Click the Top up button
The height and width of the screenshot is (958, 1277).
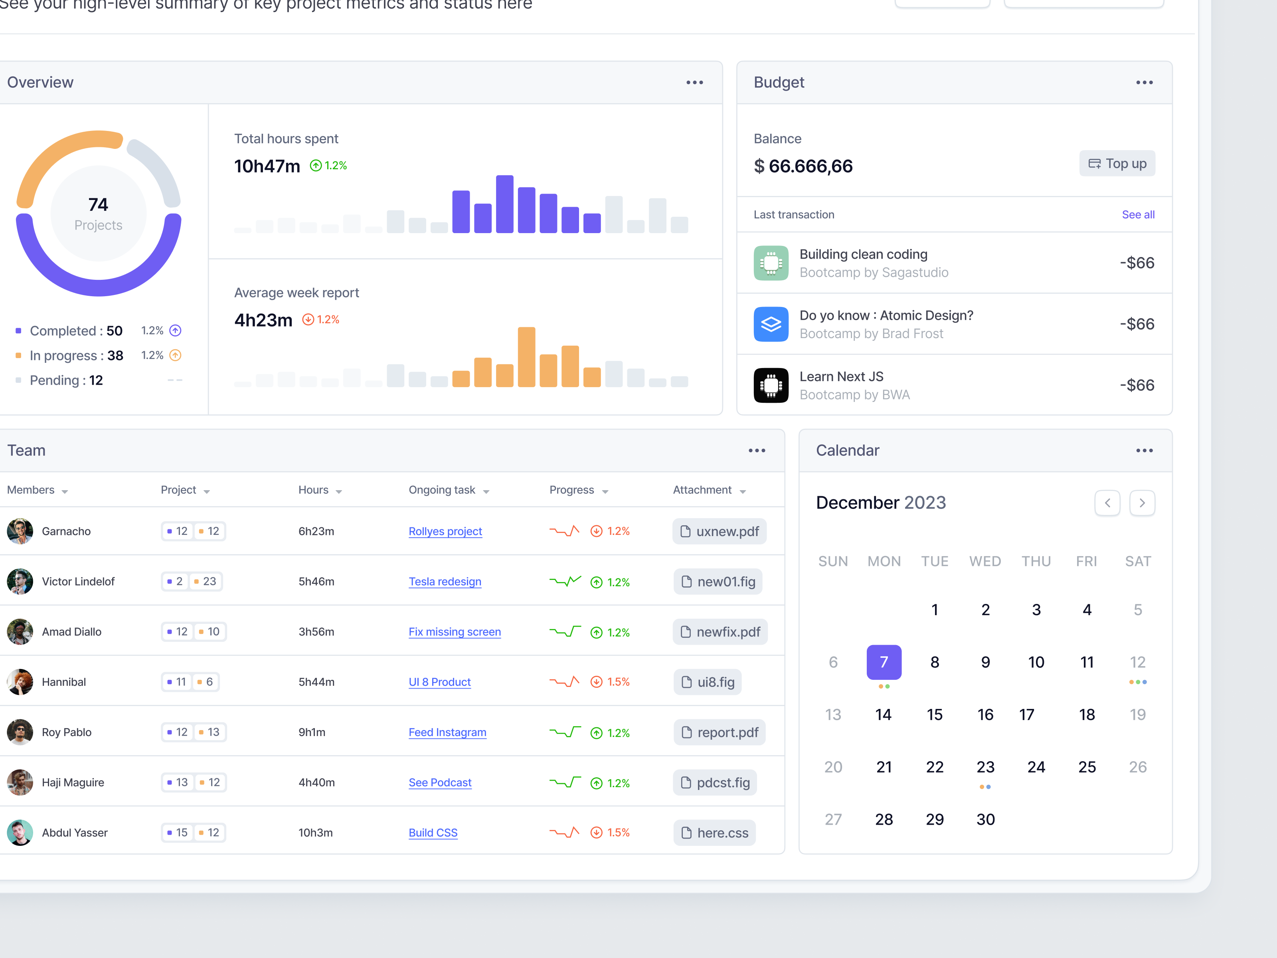tap(1117, 164)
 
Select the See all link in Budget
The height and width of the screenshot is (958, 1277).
tap(1138, 215)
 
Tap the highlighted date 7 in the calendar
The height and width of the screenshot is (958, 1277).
tap(883, 662)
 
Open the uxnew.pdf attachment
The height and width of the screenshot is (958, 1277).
tap(720, 531)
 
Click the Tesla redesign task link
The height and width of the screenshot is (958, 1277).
tap(445, 582)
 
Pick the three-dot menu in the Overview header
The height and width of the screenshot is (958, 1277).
tap(694, 83)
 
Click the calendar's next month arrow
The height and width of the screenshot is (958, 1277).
tap(1141, 503)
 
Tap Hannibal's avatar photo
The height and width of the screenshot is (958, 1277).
tap(20, 682)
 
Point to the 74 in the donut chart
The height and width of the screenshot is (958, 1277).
tap(98, 204)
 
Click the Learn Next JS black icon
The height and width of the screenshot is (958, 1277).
tap(771, 385)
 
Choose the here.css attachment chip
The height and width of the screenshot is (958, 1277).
tap(714, 833)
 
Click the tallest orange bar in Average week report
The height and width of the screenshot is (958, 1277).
tap(526, 357)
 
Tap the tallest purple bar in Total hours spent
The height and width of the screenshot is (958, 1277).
tap(504, 204)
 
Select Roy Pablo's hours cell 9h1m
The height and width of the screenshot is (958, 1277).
tap(312, 732)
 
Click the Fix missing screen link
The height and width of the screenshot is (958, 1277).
tap(455, 632)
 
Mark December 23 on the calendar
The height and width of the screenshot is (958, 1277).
tap(985, 767)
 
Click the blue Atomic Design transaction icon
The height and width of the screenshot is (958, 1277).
tap(771, 324)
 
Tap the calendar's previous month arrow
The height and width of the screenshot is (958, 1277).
tap(1107, 503)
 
